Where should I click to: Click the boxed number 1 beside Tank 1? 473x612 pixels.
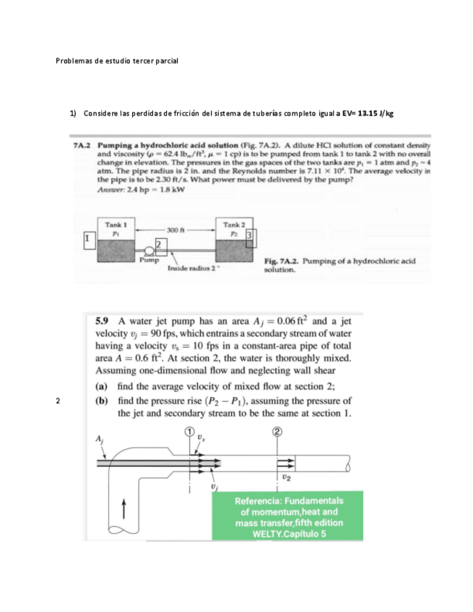(x=87, y=237)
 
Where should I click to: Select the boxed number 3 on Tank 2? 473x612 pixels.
(x=250, y=237)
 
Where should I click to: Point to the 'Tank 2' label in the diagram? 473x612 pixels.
(x=233, y=225)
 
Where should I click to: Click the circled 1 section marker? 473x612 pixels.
(x=190, y=432)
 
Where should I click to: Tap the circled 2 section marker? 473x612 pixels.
(x=277, y=432)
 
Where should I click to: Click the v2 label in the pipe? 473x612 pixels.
(x=287, y=477)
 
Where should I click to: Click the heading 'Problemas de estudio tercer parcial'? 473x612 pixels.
(x=116, y=61)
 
